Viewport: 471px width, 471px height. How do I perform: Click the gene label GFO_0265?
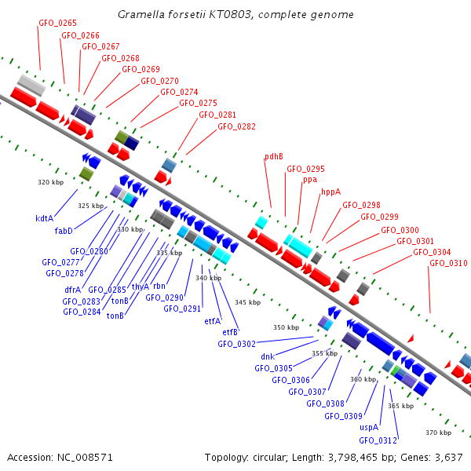57,23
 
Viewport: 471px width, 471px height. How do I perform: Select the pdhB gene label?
274,156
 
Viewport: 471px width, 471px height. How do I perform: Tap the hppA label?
331,192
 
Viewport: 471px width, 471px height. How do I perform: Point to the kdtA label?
45,218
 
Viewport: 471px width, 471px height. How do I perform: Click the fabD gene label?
64,231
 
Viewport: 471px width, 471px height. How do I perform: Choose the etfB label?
230,332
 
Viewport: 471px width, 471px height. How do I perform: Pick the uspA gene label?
369,427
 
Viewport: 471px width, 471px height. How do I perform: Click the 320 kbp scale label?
51,182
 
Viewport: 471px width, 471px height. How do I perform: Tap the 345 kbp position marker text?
248,302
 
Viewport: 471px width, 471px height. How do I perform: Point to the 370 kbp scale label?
439,433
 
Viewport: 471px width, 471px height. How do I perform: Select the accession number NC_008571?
85,458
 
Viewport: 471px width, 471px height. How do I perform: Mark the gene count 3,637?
449,458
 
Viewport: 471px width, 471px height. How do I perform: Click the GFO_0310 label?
448,264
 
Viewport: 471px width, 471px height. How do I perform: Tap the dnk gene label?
268,356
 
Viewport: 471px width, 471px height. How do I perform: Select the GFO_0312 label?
378,440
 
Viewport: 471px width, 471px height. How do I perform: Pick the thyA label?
141,287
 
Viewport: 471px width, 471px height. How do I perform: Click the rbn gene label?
159,286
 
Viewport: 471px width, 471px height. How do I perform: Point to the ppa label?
310,180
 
